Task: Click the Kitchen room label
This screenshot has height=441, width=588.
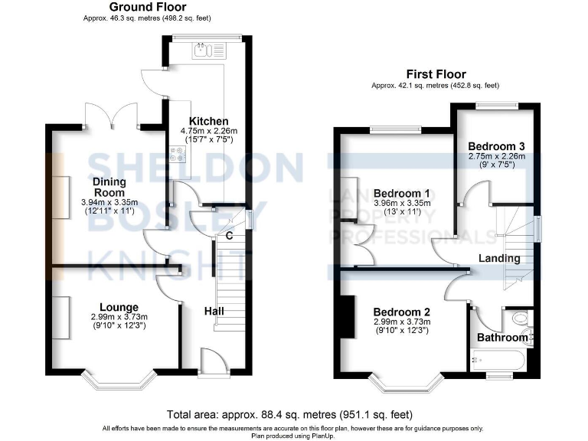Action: [x=209, y=121]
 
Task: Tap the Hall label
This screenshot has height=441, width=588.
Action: [x=214, y=312]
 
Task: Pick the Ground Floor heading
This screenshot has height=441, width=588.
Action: [x=147, y=7]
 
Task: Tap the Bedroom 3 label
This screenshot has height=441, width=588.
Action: [x=496, y=145]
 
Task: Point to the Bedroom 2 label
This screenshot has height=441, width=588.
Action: [x=401, y=312]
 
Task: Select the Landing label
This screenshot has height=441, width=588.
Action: [x=499, y=259]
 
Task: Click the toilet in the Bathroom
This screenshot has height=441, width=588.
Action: [x=521, y=318]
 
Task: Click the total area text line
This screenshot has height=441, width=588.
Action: [x=293, y=414]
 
